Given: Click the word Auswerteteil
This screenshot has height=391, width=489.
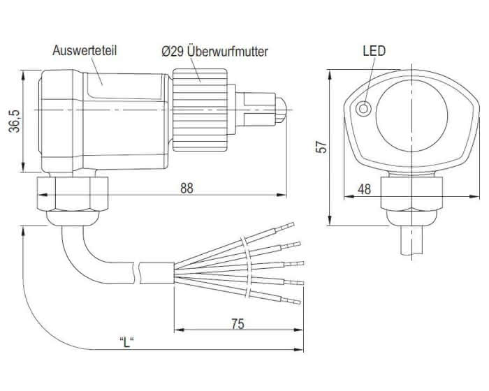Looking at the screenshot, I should [x=83, y=51].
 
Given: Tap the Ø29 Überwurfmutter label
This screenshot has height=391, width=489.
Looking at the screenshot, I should [x=214, y=51].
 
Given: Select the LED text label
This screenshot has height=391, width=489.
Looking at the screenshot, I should [x=374, y=51].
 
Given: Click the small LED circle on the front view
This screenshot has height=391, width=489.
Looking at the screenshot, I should [x=364, y=109].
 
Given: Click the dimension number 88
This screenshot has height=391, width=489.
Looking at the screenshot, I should [x=186, y=189].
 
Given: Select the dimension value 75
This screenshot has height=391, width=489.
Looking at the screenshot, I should [x=238, y=323].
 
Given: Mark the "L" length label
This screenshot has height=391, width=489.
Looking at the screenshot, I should [x=126, y=342].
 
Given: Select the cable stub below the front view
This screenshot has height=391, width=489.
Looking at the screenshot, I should [x=412, y=242].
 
